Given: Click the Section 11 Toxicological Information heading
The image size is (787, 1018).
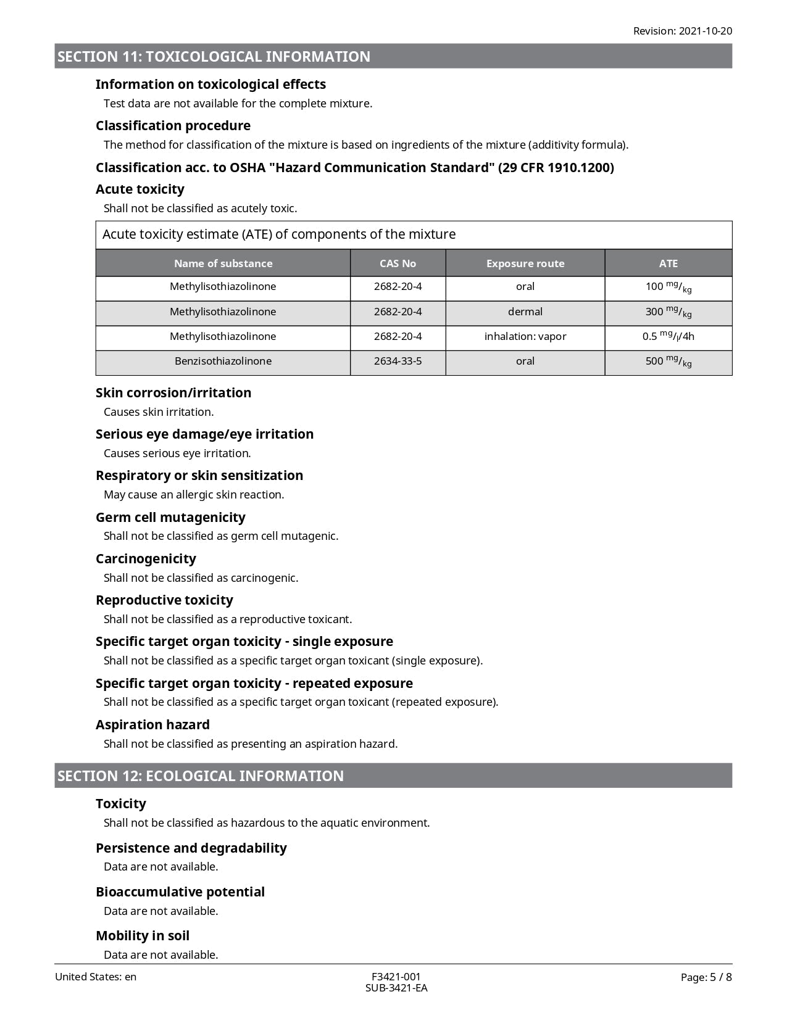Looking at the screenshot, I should (x=214, y=57).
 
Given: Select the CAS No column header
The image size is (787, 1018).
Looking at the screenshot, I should (x=398, y=263).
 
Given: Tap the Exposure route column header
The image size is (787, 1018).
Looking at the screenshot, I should (x=525, y=263).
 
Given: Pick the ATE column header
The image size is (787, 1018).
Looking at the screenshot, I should (x=668, y=263).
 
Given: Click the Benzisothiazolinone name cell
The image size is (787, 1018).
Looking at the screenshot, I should (x=223, y=362).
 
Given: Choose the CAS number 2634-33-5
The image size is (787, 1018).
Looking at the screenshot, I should (x=398, y=362).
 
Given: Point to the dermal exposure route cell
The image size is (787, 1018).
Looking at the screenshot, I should (x=525, y=312).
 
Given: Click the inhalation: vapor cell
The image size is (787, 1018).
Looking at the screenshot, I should (x=525, y=337).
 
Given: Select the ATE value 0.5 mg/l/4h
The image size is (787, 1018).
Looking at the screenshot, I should (x=668, y=337).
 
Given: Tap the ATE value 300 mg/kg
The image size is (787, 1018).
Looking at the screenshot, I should (x=668, y=312).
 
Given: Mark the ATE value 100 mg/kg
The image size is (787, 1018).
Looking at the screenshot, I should (x=668, y=287).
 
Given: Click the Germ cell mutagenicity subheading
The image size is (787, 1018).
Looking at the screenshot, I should (x=170, y=518).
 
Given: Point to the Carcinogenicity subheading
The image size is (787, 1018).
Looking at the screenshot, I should (x=146, y=559).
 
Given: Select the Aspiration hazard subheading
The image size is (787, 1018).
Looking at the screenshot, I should (x=152, y=725).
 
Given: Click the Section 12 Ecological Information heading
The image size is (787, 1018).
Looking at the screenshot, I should (x=201, y=776).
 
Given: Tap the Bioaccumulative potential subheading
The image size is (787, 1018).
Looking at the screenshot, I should (x=180, y=892).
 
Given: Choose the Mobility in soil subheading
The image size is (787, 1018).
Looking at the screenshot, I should (x=143, y=936).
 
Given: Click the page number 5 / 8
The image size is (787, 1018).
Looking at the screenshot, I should (x=706, y=977).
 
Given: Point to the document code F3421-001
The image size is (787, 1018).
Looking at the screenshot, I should (x=396, y=977).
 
